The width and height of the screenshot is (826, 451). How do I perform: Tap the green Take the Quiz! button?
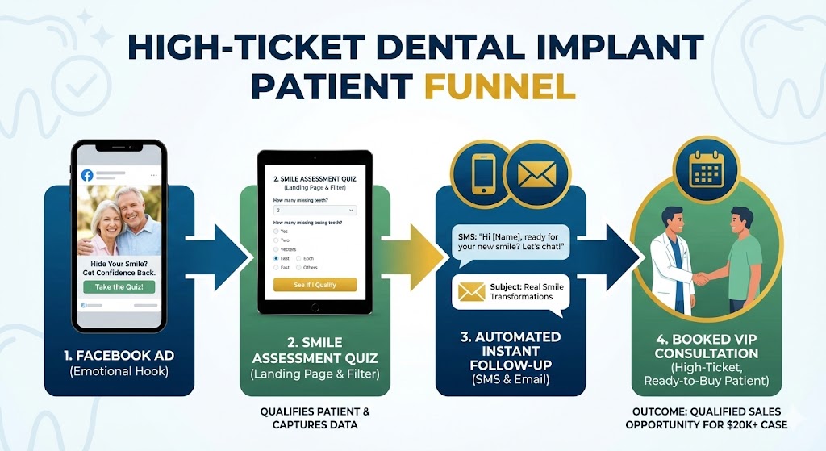(119, 286)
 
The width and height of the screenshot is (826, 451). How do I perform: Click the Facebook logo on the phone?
(86, 175)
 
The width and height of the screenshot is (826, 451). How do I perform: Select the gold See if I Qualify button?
(315, 284)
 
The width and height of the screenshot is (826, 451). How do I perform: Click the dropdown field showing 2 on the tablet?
(315, 210)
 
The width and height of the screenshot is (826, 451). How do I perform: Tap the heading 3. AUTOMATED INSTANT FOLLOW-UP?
(511, 350)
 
